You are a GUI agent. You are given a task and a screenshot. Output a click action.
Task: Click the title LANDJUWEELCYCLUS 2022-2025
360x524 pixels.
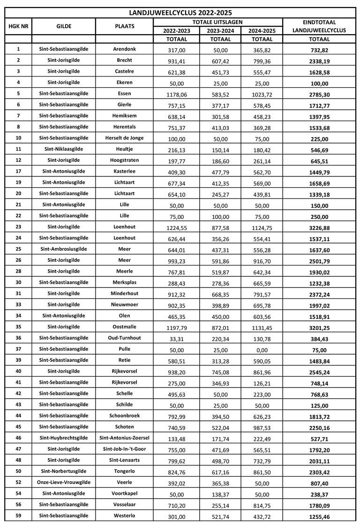[x=180, y=13]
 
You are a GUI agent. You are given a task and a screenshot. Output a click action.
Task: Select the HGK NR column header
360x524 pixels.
[x=18, y=26]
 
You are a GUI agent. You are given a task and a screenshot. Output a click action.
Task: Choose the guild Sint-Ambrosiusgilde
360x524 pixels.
[x=64, y=249]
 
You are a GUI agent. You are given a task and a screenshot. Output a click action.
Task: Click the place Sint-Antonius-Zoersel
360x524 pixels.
[x=125, y=438]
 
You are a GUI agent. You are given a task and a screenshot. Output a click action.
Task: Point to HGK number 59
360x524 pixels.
[x=18, y=516]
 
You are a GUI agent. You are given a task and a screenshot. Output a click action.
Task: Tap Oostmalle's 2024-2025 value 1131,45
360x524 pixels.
[x=262, y=327]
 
